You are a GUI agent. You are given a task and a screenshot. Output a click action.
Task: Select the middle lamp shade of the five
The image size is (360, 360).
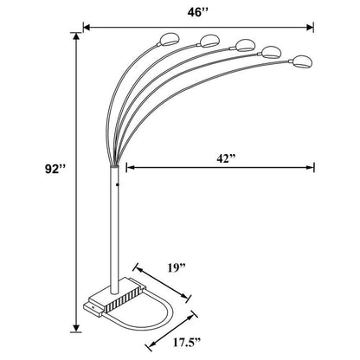tap(245, 42)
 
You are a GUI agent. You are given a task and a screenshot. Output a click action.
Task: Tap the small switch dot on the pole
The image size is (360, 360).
tap(114, 183)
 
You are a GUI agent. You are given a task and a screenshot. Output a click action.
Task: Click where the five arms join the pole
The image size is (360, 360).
tap(114, 164)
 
